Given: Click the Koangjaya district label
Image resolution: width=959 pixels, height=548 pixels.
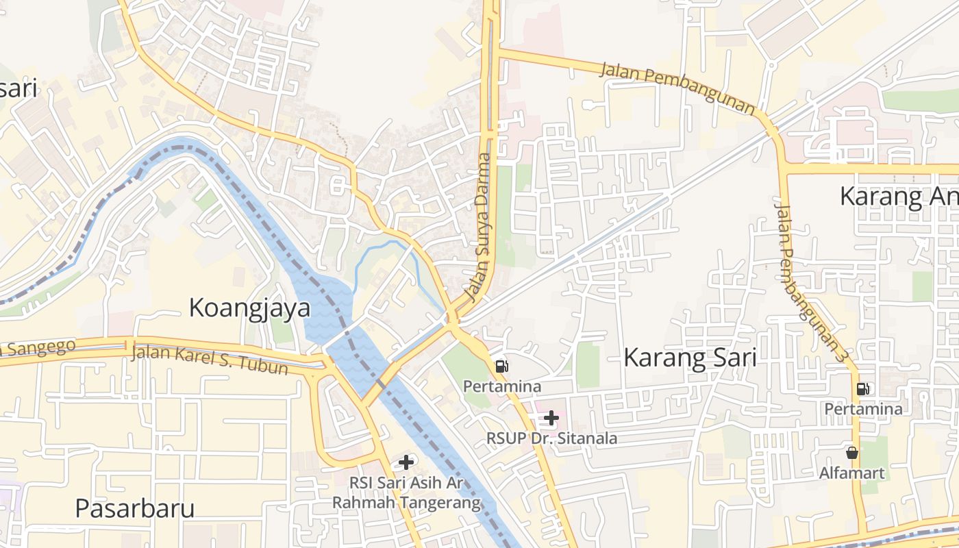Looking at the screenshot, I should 249,308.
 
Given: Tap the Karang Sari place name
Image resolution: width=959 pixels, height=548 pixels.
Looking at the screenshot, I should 690,358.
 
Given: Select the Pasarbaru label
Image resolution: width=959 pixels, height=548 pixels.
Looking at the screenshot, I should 134,508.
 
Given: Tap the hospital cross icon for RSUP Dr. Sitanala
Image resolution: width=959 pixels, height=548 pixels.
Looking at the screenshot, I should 551,418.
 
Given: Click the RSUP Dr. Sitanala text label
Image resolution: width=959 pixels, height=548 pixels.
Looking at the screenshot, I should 551,438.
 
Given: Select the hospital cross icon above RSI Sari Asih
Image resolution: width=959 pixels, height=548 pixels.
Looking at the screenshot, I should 406,462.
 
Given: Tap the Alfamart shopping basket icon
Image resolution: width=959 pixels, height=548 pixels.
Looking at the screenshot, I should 852,453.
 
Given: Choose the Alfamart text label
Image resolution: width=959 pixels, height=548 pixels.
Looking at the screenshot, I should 852,473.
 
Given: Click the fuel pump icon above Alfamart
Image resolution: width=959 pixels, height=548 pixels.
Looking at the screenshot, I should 862,389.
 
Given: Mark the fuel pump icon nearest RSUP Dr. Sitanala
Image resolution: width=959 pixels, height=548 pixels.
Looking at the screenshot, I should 502,366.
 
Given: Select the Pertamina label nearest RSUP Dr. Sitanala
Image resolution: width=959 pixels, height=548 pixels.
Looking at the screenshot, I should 502,386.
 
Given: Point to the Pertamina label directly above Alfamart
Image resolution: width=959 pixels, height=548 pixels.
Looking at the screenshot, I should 863,409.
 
